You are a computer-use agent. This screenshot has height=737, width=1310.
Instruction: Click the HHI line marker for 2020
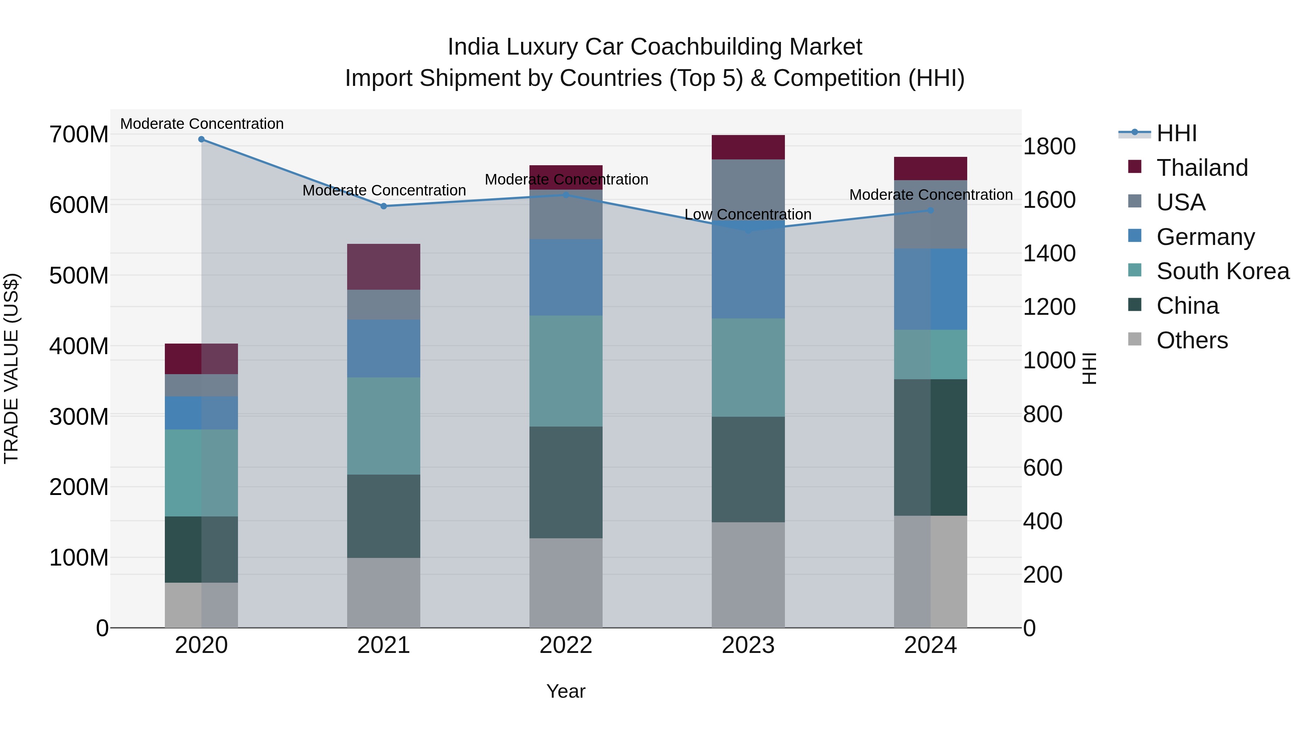coord(201,139)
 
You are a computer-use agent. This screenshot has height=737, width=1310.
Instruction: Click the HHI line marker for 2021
coord(384,206)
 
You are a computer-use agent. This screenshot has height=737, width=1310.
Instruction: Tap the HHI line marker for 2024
coord(930,210)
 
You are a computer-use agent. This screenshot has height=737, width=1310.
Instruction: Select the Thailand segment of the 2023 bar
coord(748,147)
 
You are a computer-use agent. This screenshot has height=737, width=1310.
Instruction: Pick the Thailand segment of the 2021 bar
coord(384,267)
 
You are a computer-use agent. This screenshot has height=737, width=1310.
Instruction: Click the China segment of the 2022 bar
coord(566,482)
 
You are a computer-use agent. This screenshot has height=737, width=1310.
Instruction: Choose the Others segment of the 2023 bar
coord(748,575)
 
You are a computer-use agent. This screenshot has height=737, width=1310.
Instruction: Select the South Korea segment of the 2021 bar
coord(384,426)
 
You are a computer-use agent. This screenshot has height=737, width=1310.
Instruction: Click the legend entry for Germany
coord(1205,237)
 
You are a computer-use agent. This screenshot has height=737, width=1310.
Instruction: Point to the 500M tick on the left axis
coord(79,276)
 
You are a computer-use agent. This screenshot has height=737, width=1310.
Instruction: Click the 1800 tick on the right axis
coord(1049,146)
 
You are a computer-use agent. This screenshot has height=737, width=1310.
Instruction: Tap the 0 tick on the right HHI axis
coord(1029,629)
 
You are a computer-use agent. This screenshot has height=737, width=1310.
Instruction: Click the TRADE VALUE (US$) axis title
coord(11,369)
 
